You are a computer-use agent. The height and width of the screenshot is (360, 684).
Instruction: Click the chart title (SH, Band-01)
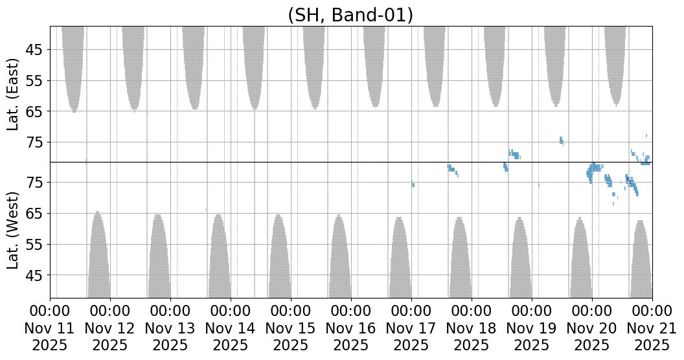point(350,14)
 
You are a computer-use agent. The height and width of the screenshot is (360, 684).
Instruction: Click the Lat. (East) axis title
point(14,95)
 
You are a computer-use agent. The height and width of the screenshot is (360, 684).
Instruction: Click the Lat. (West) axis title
point(14,229)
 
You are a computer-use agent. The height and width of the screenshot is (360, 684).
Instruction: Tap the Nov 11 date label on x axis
point(50,328)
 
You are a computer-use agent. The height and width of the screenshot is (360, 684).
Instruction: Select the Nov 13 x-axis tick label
point(170,328)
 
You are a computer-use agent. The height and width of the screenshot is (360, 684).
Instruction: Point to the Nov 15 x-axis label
point(291,328)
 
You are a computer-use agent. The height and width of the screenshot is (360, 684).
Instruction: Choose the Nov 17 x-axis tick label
point(411,328)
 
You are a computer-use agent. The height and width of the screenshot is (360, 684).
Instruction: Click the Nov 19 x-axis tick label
point(532,328)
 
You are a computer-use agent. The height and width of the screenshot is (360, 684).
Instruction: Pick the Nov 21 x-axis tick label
point(652,328)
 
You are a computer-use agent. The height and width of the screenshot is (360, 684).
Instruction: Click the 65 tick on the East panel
point(34,111)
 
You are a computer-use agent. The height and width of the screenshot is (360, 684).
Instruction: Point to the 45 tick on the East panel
point(34,50)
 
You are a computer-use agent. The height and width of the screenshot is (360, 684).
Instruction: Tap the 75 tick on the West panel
point(34,183)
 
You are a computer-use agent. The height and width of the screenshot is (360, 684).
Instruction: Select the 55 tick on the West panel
point(34,245)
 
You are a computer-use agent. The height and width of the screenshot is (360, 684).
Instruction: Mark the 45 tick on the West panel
point(34,276)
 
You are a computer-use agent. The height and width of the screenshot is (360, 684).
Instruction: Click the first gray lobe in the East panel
point(73,65)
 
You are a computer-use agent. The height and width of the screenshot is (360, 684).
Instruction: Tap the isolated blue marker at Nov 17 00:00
point(413,185)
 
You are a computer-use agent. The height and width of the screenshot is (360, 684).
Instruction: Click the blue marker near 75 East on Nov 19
point(561,141)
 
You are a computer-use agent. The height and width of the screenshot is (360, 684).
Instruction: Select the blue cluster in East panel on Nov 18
point(514,154)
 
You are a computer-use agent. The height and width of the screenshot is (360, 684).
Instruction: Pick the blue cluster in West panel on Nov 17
point(451,169)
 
